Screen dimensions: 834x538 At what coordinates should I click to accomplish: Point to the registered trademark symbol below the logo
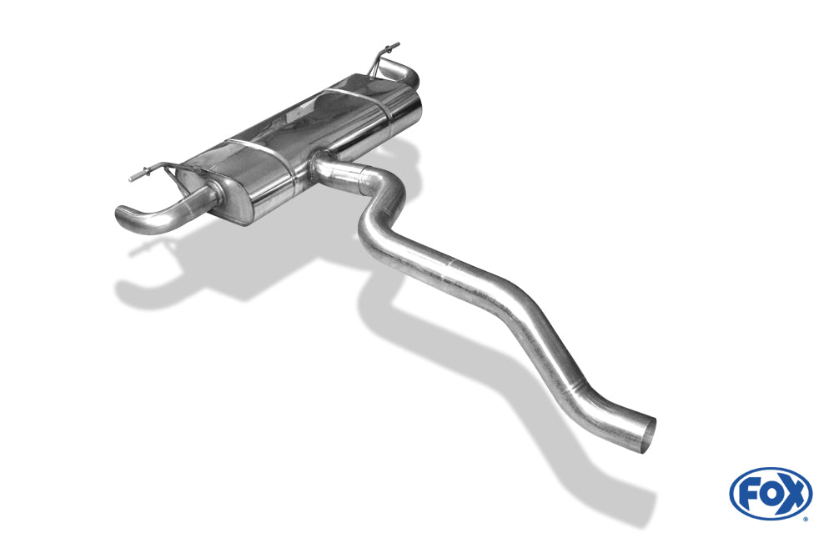pyautogui.click(x=806, y=519)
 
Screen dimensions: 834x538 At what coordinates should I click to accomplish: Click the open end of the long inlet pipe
pyautogui.click(x=648, y=435)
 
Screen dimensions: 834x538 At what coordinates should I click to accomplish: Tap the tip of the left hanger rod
pyautogui.click(x=131, y=179)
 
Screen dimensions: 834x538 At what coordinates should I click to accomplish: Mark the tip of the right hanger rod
pyautogui.click(x=397, y=45)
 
